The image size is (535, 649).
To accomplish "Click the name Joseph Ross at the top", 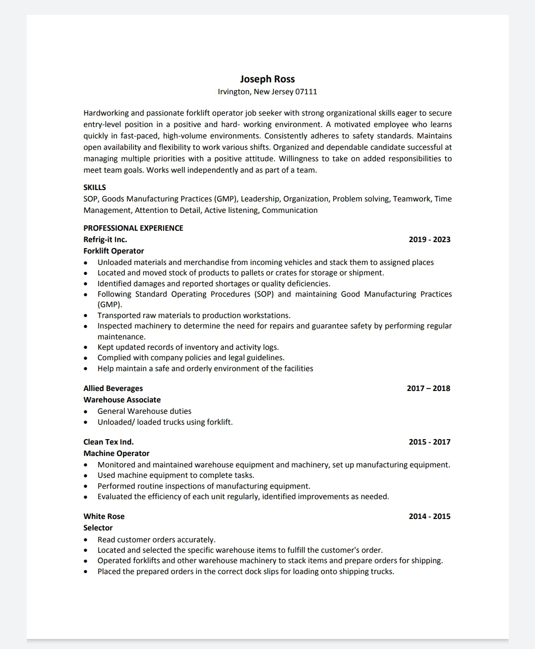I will click(267, 79).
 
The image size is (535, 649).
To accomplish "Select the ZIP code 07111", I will click(306, 92).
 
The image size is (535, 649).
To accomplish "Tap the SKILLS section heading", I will click(95, 188).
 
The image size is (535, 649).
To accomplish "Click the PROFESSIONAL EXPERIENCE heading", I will click(133, 228).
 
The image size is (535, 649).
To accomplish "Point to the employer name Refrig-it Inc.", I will click(105, 240).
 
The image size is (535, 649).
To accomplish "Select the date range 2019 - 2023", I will click(429, 240).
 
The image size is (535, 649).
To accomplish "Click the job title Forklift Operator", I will click(114, 251).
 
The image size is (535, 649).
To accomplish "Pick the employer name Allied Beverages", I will click(113, 389).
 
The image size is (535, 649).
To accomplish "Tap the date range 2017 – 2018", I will click(428, 389).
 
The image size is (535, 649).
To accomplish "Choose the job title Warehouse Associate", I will click(122, 400).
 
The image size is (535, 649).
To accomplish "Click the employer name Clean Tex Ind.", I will click(109, 442).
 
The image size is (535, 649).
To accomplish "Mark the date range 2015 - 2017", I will click(429, 442).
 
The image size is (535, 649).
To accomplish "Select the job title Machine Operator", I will click(117, 454).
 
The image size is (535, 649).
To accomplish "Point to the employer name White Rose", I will click(104, 517).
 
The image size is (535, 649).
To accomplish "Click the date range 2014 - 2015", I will click(429, 517).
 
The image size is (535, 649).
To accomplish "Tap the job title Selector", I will click(98, 528).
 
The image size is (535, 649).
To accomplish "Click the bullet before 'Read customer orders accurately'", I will click(86, 540).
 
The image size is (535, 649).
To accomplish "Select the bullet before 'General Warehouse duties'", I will click(86, 411).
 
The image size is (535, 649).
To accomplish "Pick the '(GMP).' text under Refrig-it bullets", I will click(110, 305).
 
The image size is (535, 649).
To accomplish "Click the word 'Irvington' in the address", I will click(234, 92).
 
